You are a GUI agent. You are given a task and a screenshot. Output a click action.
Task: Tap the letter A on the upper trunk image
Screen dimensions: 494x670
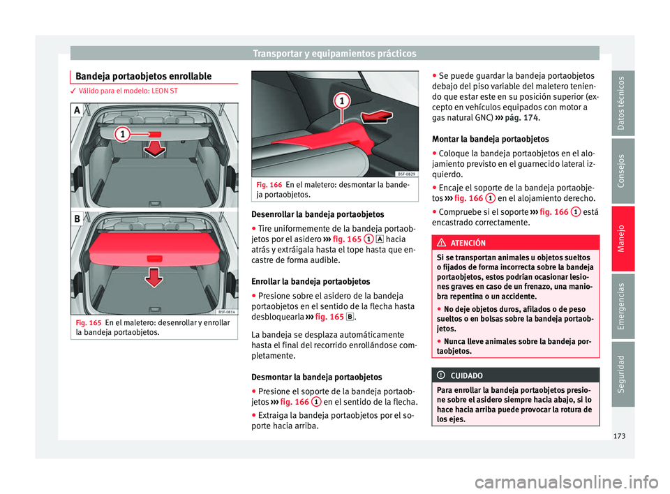click(77, 110)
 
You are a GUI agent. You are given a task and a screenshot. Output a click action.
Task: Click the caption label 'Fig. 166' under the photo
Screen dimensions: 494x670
click(270, 184)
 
